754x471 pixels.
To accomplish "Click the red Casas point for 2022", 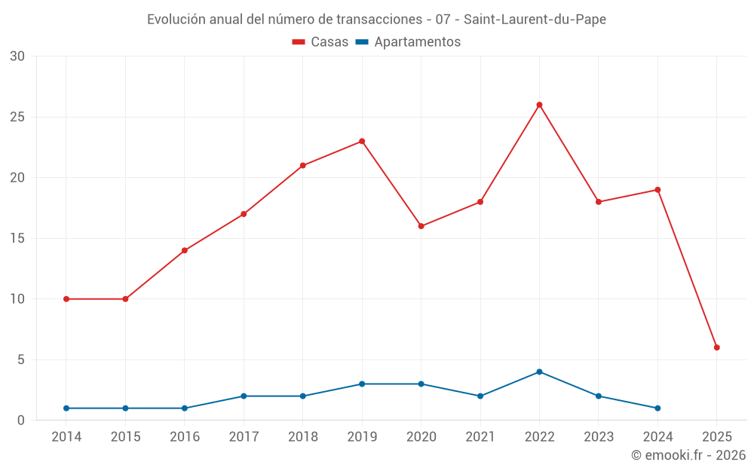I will click(539, 105).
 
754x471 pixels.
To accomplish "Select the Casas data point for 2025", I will click(716, 347).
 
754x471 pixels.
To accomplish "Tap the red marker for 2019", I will click(362, 141).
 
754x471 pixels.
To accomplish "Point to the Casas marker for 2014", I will click(66, 299).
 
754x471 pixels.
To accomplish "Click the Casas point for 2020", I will click(421, 226).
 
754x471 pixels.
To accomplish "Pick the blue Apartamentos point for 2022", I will click(539, 372).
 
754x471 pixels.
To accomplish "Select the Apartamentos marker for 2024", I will click(657, 408).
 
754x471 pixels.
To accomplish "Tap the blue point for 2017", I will click(244, 396).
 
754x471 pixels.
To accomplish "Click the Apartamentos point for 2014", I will click(66, 408).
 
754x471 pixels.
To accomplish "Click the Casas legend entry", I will click(320, 42).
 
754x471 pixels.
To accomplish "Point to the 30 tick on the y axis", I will click(17, 57).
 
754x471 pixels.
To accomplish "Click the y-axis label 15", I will click(17, 238).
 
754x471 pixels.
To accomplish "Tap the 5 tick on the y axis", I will click(21, 359).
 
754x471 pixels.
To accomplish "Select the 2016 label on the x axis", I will click(185, 437).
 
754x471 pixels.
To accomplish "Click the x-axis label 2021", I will click(480, 437).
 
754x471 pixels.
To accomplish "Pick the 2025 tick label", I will click(716, 437).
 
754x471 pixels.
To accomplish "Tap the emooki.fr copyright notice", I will click(688, 455).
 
